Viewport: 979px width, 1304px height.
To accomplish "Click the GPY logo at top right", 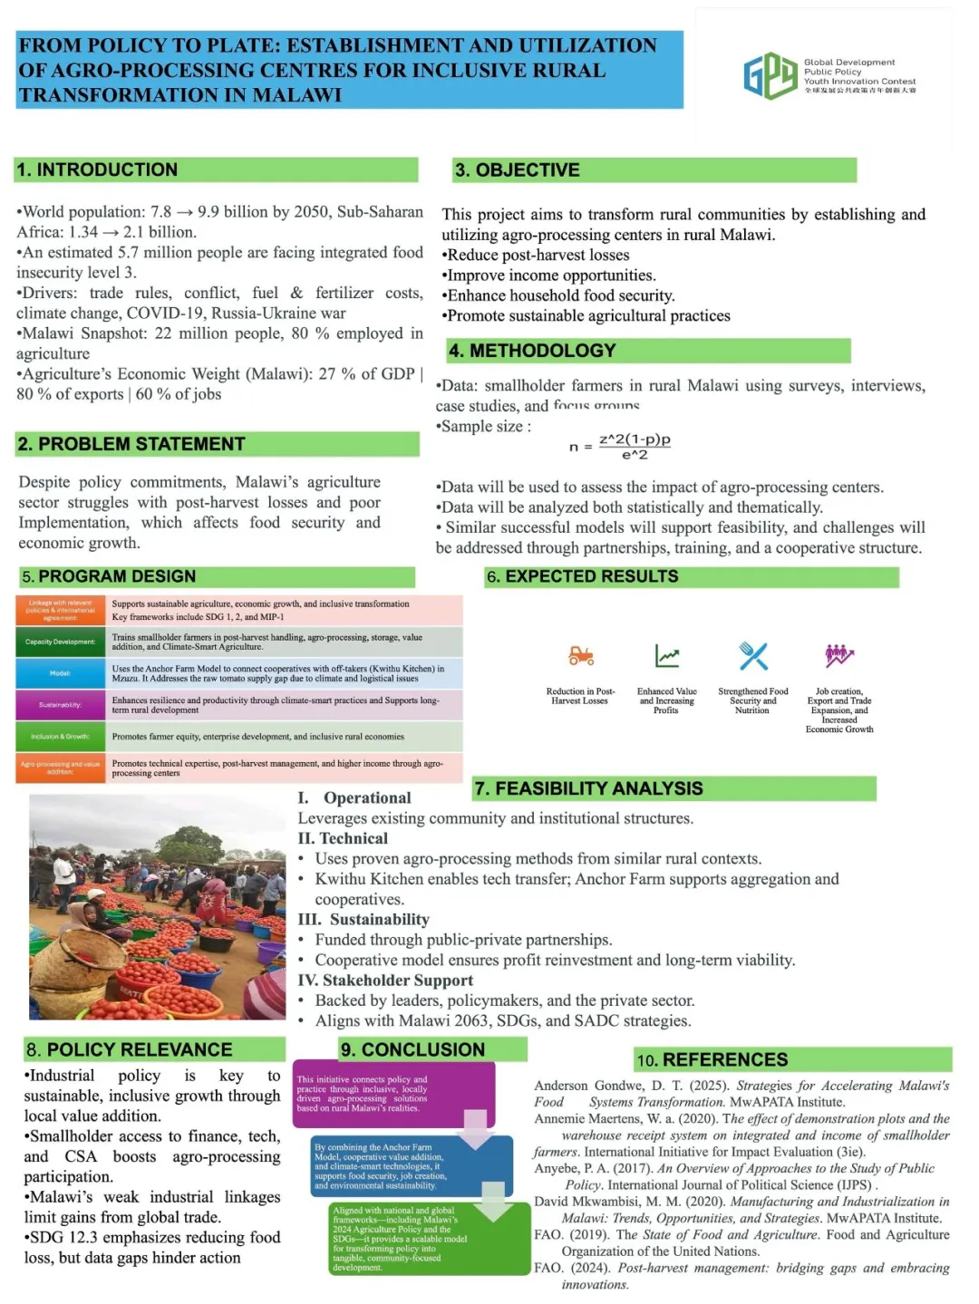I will click(x=770, y=75).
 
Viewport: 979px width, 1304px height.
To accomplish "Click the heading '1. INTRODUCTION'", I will click(x=97, y=169).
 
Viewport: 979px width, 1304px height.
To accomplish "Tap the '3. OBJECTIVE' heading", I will click(x=517, y=170).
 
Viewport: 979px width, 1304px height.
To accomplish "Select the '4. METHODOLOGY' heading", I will click(x=532, y=351).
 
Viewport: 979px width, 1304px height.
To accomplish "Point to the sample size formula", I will click(x=621, y=446).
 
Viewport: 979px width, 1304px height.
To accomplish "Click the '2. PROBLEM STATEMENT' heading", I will click(x=131, y=444).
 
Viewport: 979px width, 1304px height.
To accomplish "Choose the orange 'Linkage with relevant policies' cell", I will click(x=60, y=610).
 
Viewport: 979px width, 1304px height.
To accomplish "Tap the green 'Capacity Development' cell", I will click(x=60, y=642).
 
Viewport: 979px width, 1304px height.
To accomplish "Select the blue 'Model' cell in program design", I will click(x=60, y=673).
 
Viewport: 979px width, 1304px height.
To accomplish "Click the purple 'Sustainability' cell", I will click(x=60, y=704).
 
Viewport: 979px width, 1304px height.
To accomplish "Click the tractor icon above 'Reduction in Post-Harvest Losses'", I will click(x=580, y=655).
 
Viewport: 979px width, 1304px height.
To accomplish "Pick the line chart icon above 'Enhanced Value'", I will click(x=667, y=655).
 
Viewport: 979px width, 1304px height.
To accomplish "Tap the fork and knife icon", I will click(x=753, y=655).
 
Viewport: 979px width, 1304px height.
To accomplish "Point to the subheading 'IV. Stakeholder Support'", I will click(x=385, y=980).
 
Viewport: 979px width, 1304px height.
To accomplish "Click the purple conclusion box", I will click(x=393, y=1094).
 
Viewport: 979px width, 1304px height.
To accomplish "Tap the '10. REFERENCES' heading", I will click(x=712, y=1059).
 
